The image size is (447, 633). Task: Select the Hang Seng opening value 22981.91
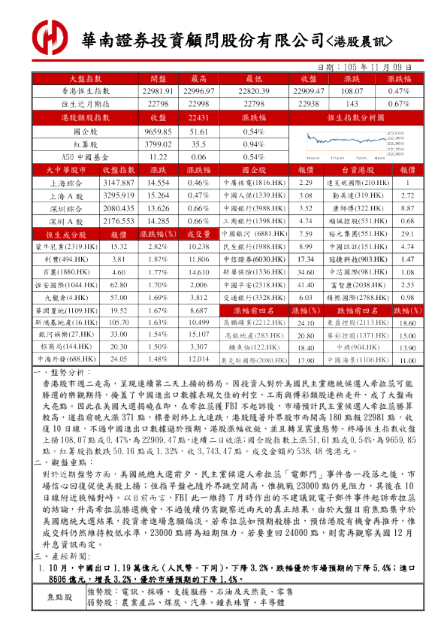point(158,90)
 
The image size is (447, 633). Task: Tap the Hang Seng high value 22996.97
point(198,90)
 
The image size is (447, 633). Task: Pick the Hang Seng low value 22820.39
point(252,90)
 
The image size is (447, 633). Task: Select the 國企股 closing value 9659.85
point(158,131)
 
